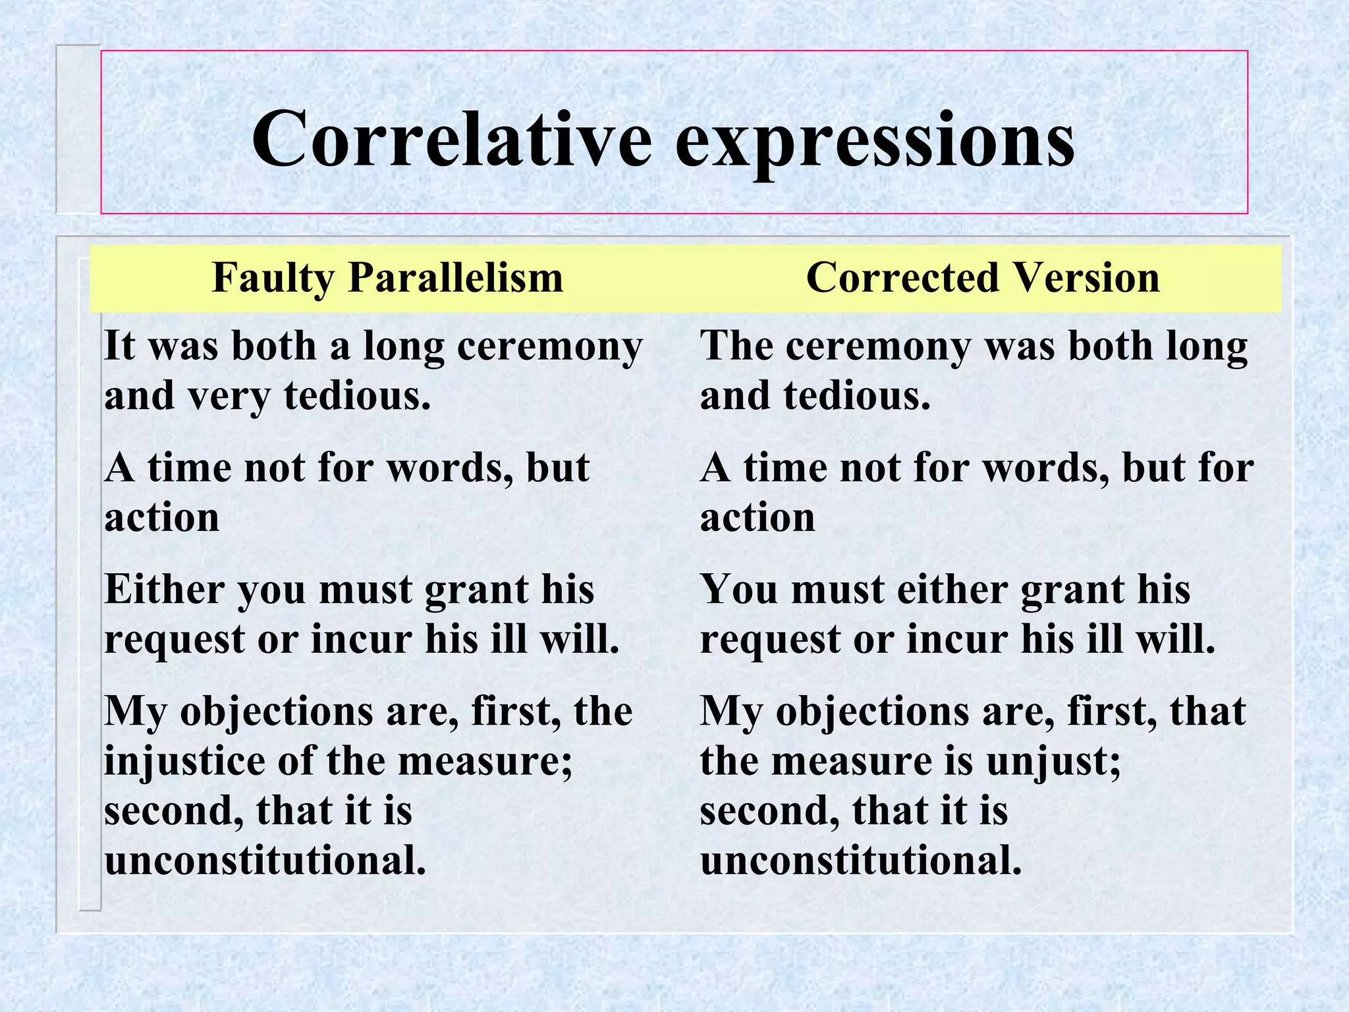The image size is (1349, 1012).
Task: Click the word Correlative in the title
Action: pyautogui.click(x=452, y=140)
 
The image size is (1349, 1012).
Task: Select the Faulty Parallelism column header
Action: pyautogui.click(x=387, y=277)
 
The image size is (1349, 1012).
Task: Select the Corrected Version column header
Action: pyautogui.click(x=982, y=277)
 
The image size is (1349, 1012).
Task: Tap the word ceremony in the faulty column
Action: pyautogui.click(x=549, y=347)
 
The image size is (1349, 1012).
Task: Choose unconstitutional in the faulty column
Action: pyautogui.click(x=265, y=860)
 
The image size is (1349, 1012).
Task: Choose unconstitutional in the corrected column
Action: pyautogui.click(x=860, y=860)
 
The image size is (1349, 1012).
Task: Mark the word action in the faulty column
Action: pyautogui.click(x=161, y=518)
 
